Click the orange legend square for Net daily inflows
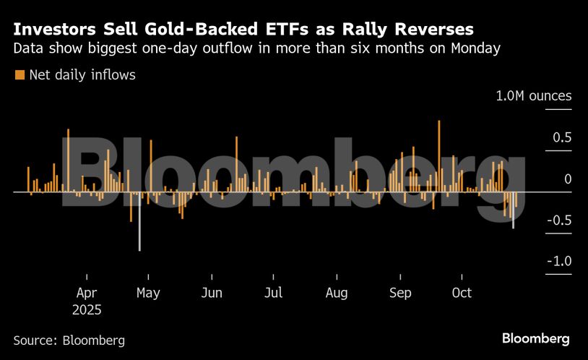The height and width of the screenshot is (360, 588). click(20, 74)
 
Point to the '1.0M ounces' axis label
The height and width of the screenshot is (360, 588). click(533, 96)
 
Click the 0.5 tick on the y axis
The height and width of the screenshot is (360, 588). click(563, 137)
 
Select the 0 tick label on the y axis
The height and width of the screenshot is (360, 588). click(567, 179)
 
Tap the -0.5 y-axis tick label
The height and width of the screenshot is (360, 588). click(560, 220)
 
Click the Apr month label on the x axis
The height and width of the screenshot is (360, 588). click(87, 293)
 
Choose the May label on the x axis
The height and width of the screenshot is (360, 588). click(148, 293)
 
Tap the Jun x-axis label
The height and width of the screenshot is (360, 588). click(212, 293)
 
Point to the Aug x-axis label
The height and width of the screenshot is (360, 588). click(337, 293)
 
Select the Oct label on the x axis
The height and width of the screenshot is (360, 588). click(462, 293)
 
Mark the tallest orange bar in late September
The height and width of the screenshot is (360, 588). click(438, 155)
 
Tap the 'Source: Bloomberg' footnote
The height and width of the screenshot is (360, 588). click(69, 340)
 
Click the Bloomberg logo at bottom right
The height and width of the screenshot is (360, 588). click(535, 338)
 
